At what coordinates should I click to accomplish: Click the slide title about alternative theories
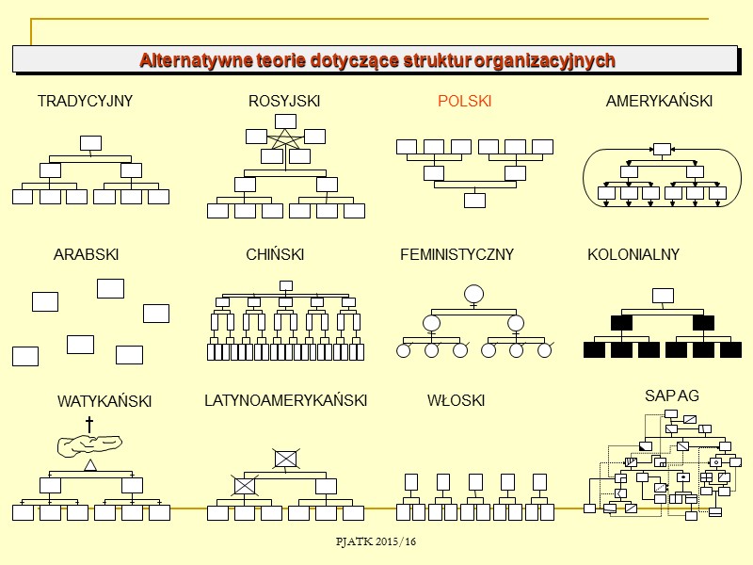coord(376,60)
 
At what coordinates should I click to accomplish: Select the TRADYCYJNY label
coord(85,102)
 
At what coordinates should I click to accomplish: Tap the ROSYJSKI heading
coord(284,102)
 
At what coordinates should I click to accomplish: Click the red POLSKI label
coord(464,102)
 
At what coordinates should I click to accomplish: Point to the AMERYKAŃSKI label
coord(659,102)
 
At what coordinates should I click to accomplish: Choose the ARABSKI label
coord(86,255)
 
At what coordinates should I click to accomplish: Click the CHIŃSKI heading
coord(275,255)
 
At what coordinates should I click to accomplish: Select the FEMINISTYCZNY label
coord(457,255)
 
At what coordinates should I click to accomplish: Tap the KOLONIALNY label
coord(633,255)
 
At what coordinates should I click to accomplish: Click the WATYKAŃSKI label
coord(104,401)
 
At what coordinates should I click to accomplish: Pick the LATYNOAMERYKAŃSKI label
coord(285,401)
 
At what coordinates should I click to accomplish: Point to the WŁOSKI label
coord(456,401)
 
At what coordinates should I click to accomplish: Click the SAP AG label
coord(672,396)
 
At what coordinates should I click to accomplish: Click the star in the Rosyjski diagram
coord(285,139)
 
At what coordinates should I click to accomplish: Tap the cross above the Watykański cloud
coord(89,425)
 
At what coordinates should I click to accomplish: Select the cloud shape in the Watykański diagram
coord(89,446)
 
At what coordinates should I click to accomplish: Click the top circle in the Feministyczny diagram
coord(473,293)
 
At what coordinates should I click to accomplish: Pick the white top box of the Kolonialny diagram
coord(663,296)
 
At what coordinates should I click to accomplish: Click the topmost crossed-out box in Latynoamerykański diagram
coord(285,459)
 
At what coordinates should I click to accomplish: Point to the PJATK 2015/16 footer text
coord(376,542)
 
